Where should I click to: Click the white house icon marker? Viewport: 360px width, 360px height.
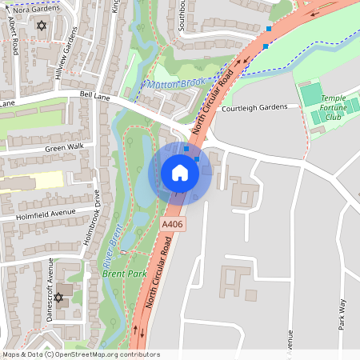point(180,173)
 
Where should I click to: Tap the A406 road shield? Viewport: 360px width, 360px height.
point(172,226)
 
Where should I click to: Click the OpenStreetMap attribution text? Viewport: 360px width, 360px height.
point(81,354)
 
